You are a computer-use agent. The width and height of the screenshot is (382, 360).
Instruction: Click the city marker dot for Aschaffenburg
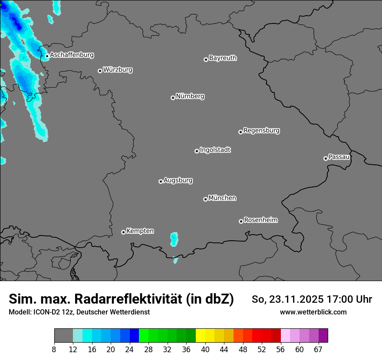pyautogui.click(x=47, y=56)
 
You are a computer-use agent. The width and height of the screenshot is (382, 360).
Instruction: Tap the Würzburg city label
pyautogui.click(x=118, y=70)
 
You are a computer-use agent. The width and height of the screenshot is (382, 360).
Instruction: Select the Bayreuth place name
pyautogui.click(x=223, y=58)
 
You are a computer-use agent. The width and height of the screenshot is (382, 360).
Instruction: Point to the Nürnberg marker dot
pyautogui.click(x=173, y=98)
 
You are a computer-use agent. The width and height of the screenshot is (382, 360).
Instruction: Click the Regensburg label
pyautogui.click(x=261, y=131)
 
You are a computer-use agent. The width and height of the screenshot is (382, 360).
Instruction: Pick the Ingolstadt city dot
pyautogui.click(x=197, y=151)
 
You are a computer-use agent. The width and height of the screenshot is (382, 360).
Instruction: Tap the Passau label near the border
pyautogui.click(x=339, y=157)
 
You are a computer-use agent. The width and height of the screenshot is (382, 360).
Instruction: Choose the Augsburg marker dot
pyautogui.click(x=161, y=181)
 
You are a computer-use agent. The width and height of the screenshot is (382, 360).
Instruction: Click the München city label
pyautogui.click(x=222, y=198)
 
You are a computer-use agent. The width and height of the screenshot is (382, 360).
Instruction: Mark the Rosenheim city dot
pyautogui.click(x=241, y=222)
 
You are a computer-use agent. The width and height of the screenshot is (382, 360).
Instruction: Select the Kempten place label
pyautogui.click(x=140, y=231)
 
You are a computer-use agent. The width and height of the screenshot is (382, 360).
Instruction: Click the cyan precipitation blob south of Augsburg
pyautogui.click(x=174, y=239)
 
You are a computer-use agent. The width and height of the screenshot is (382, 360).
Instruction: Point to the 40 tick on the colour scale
pyautogui.click(x=205, y=350)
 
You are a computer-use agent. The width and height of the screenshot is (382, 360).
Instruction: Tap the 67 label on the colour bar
pyautogui.click(x=318, y=350)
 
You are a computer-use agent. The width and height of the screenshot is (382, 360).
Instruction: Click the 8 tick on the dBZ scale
pyautogui.click(x=54, y=350)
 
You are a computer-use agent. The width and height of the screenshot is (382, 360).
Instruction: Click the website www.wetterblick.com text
pyautogui.click(x=313, y=312)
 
